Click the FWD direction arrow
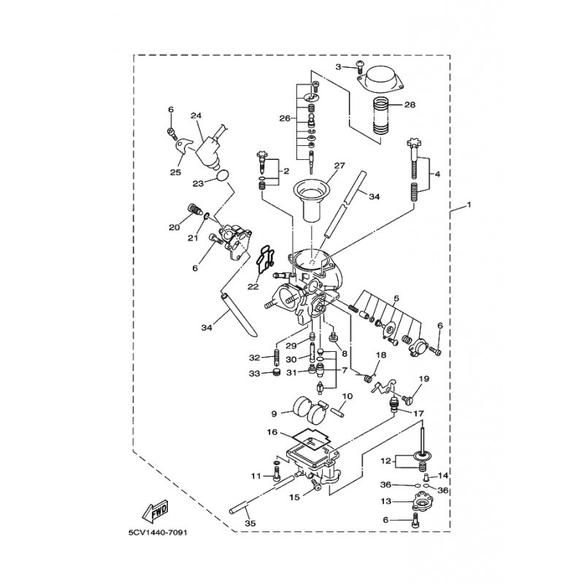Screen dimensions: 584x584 point(155,511)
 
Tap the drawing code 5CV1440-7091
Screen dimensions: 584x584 point(158,532)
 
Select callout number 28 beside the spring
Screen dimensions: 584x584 point(410,104)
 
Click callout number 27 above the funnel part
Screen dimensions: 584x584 point(339,166)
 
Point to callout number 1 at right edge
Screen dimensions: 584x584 point(469,204)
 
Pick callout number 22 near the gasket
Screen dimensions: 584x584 point(253,286)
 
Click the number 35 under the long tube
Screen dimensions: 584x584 point(250,523)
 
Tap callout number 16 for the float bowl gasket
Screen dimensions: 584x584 point(272,432)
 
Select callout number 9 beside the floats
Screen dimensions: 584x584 point(274,413)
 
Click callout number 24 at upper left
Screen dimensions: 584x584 point(196,115)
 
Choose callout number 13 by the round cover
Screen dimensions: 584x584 point(386,502)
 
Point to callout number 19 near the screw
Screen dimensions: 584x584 point(424,379)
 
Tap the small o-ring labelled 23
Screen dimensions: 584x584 point(222,176)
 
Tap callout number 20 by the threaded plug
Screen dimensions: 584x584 point(174,227)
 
